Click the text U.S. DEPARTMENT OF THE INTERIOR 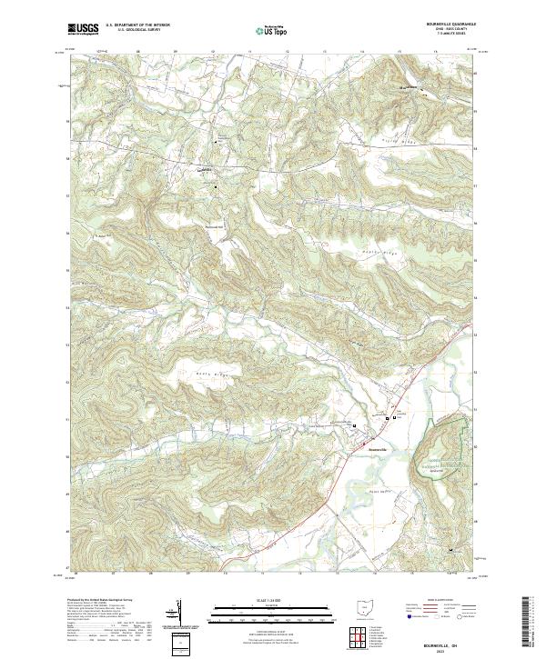pyautogui.click(x=137, y=25)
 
